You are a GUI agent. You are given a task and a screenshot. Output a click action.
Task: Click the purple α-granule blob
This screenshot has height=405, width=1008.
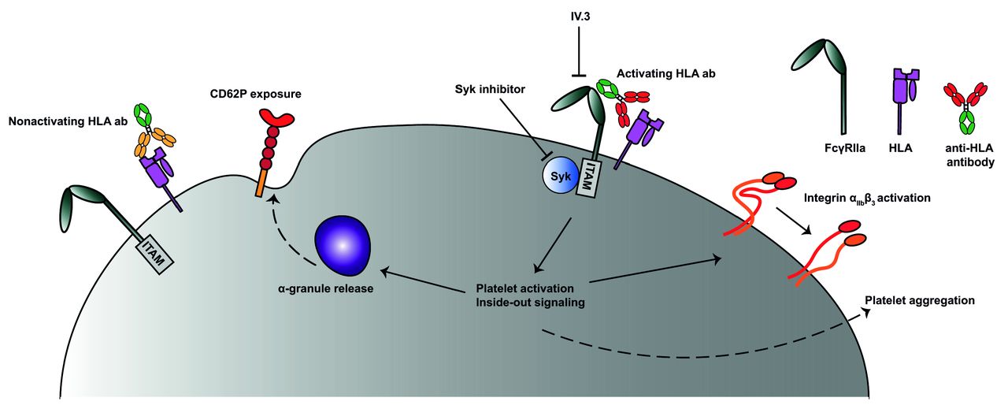pyautogui.click(x=341, y=245)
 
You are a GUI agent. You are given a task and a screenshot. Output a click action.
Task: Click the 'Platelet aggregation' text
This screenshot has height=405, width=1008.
pyautogui.click(x=920, y=300)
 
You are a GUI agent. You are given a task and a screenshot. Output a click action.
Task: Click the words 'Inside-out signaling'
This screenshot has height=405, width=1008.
pyautogui.click(x=530, y=302)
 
